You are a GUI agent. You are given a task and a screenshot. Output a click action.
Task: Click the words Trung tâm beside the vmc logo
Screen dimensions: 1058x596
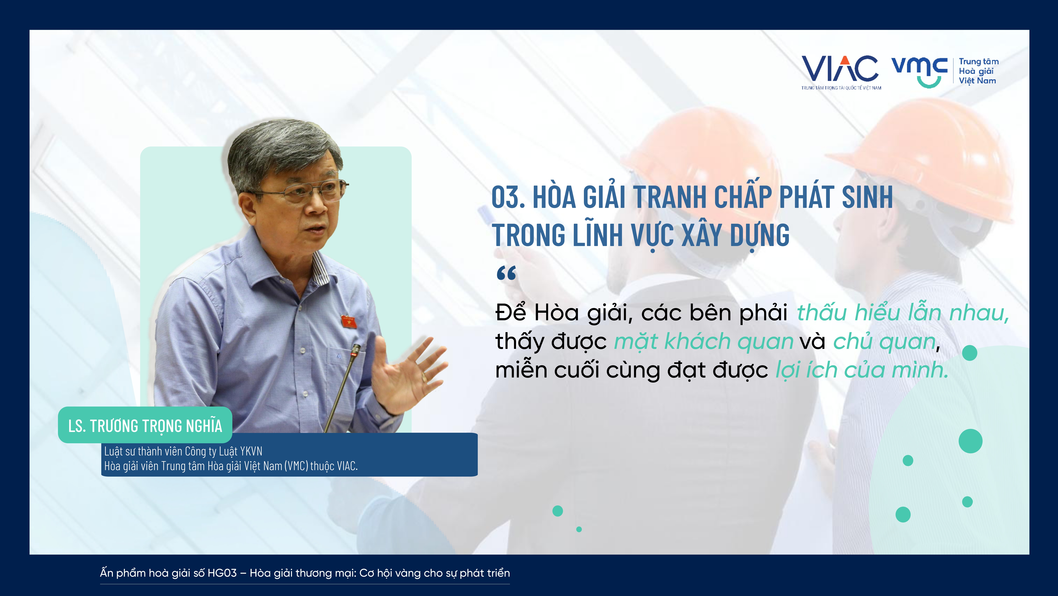click(979, 62)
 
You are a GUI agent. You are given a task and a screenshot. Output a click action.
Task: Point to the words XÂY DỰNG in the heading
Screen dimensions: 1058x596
click(735, 236)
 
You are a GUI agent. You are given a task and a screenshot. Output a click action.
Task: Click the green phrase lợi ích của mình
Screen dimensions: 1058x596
click(862, 370)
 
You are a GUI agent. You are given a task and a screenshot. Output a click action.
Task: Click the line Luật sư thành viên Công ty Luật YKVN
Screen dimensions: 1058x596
click(183, 451)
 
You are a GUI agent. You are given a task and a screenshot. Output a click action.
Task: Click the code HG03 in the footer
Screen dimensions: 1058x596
click(222, 573)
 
